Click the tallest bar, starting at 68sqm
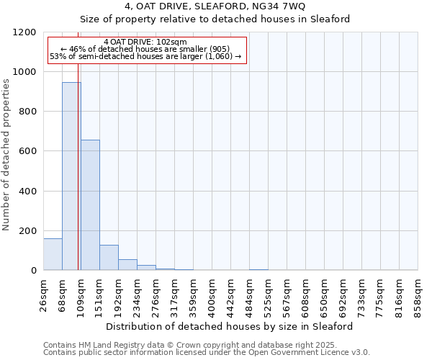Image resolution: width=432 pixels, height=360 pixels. [71, 176]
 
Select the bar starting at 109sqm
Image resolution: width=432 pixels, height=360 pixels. [90, 205]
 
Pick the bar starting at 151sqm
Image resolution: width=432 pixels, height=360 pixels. [109, 258]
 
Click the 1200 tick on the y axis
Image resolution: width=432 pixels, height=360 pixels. [27, 32]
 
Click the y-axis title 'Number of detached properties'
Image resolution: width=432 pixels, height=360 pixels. [6, 155]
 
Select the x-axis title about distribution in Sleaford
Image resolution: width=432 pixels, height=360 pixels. [230, 326]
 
